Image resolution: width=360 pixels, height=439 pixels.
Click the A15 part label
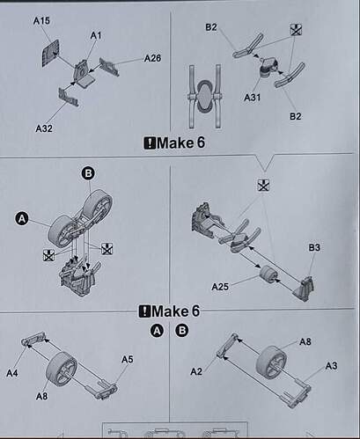point(42,18)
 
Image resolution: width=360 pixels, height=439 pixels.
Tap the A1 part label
point(96,34)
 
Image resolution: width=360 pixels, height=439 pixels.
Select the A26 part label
point(153,59)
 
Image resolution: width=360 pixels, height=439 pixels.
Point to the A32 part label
point(45,128)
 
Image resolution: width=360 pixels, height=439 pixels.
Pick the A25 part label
point(222,286)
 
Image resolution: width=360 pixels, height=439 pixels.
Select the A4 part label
point(12,373)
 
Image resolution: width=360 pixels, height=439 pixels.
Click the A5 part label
point(127,358)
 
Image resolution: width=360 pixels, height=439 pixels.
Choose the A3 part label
point(331,364)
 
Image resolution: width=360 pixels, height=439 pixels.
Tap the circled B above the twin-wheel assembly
point(87,174)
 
